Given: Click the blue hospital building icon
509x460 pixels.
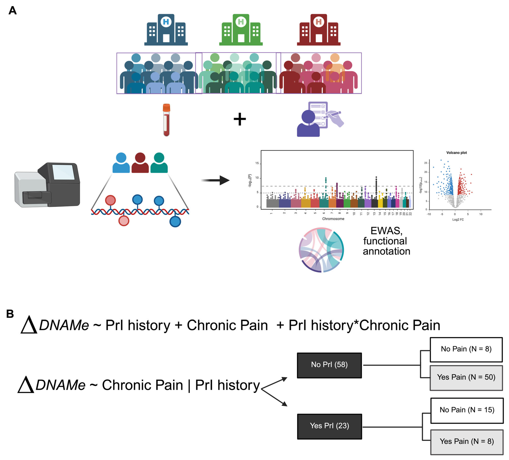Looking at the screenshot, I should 166,30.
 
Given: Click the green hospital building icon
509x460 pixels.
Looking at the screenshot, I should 241,30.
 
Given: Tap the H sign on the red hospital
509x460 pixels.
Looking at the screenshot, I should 319,22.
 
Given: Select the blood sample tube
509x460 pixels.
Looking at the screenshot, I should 166,120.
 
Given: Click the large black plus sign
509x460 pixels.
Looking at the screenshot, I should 240,119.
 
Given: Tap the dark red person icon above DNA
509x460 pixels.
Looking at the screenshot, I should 140,163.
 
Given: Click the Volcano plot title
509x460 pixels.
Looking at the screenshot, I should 456,153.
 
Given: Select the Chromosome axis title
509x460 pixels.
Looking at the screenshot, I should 333,219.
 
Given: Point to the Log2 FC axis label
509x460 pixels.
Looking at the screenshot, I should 458,219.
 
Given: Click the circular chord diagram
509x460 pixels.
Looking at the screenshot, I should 321,250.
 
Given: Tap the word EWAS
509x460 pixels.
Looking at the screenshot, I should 386,231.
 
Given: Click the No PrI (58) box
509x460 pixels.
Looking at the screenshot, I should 329,365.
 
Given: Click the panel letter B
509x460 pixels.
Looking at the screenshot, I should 10,314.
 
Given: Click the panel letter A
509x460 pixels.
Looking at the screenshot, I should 13,11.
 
